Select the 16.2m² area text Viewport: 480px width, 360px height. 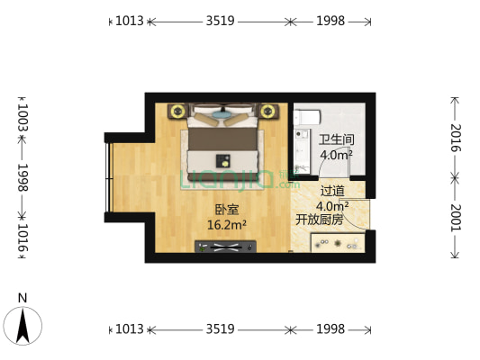(226, 225)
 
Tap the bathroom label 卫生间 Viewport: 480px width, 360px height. (335, 139)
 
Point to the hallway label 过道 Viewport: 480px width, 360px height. (331, 190)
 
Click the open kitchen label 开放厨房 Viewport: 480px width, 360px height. (319, 219)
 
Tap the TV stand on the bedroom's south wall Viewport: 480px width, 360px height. (226, 246)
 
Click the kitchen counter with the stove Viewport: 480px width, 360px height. (337, 242)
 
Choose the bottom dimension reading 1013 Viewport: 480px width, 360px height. (130, 329)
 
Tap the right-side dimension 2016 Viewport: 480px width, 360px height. (456, 138)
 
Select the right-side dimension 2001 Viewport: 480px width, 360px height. (456, 218)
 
